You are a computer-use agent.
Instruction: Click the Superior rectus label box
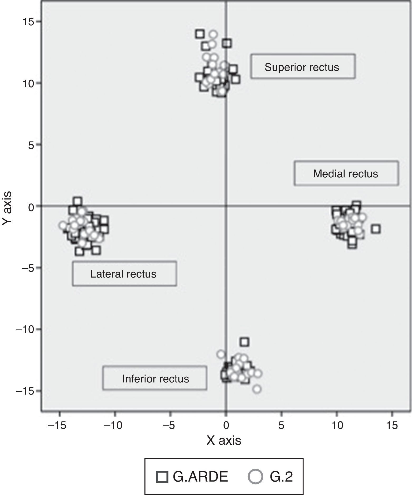click(x=303, y=66)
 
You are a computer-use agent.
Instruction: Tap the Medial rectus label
click(x=346, y=173)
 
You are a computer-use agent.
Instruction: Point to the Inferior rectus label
click(x=155, y=378)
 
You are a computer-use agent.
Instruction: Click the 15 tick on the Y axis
click(x=28, y=22)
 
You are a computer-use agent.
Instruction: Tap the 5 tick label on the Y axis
click(x=31, y=145)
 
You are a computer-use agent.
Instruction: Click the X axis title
click(x=224, y=440)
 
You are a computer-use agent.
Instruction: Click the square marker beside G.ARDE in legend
click(x=162, y=477)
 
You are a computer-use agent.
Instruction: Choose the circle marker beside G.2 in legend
click(x=255, y=477)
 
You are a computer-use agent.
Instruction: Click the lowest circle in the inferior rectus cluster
click(x=257, y=389)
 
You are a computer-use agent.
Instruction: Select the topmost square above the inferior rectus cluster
click(x=245, y=342)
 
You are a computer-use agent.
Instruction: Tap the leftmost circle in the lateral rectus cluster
click(x=63, y=225)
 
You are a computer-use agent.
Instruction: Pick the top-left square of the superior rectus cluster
click(x=200, y=34)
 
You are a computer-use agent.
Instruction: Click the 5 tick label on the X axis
click(x=281, y=425)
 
